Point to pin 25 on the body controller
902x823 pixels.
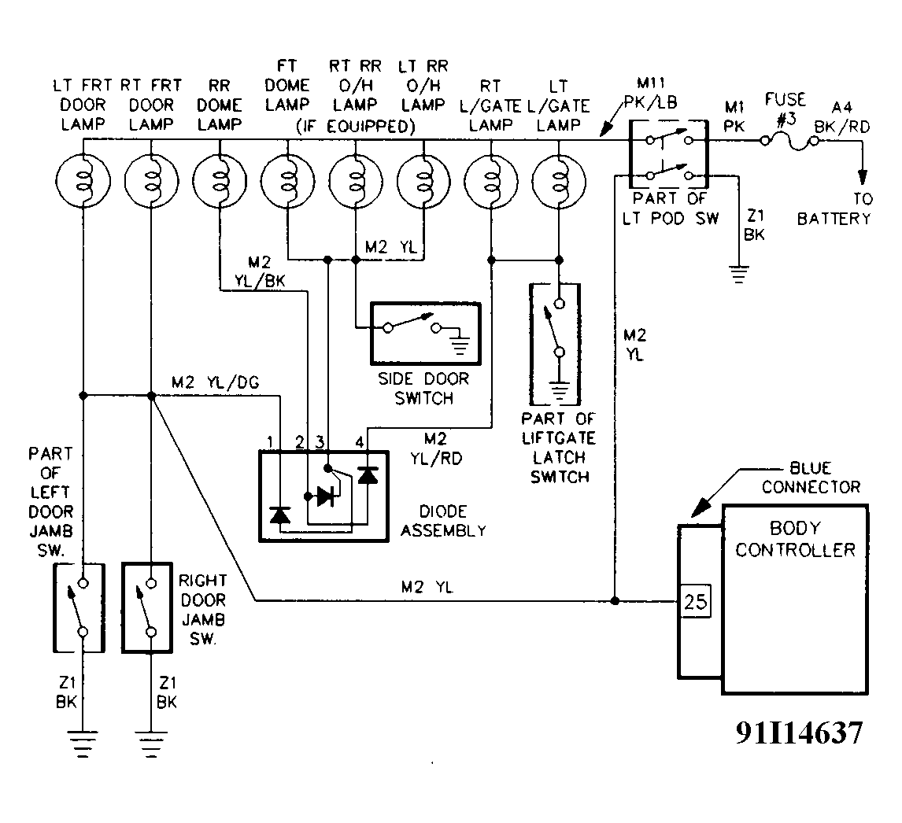(x=695, y=603)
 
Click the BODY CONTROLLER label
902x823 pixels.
(x=795, y=538)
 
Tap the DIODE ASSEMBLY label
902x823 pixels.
(x=443, y=522)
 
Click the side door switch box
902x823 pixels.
(x=413, y=331)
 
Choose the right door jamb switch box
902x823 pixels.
(x=148, y=607)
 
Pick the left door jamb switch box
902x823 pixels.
(x=79, y=607)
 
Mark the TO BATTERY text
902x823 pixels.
(x=834, y=210)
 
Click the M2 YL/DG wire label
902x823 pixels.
(x=215, y=382)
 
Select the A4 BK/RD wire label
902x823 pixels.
(x=852, y=115)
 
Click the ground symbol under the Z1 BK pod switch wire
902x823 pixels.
(x=737, y=275)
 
